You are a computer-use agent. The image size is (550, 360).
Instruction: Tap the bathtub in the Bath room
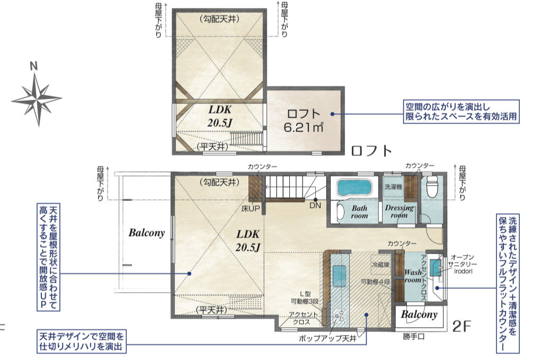coord(354,188)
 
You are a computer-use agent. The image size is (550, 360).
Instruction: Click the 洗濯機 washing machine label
coord(393,187)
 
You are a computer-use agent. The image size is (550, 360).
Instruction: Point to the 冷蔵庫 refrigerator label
coord(380,265)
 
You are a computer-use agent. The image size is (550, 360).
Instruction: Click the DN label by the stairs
coord(315,205)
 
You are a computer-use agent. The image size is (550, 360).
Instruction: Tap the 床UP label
coord(251,208)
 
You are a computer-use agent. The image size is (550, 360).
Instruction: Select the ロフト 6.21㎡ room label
coord(304,120)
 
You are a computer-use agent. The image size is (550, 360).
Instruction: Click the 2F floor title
coord(462,326)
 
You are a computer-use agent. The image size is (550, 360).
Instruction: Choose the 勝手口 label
coord(413,337)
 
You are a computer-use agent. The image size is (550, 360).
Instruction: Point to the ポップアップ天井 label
coord(327,339)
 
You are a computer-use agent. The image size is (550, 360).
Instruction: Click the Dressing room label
coord(399,211)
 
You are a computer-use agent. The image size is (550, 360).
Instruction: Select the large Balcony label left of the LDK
coord(147,233)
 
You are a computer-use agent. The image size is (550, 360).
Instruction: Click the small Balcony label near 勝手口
coord(419,314)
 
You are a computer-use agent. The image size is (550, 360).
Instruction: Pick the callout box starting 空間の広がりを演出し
coord(461,111)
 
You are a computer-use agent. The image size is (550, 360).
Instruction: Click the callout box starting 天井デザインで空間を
coord(82,341)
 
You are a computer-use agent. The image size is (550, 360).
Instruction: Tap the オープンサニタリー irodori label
coord(464,264)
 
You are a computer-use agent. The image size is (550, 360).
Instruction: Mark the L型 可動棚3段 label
coord(305,298)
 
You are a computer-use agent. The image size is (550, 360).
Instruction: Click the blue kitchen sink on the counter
coord(339,276)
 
